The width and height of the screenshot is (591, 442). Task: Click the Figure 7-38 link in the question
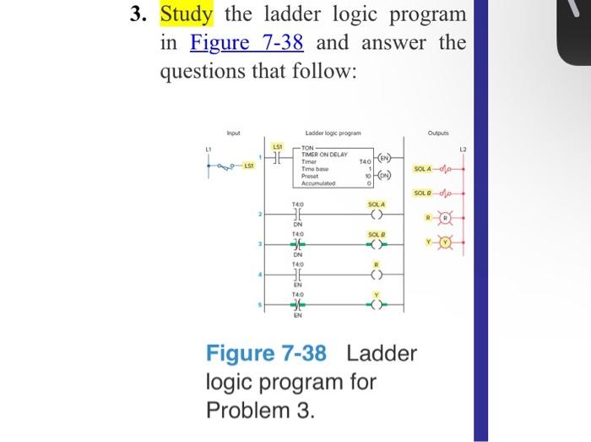click(247, 42)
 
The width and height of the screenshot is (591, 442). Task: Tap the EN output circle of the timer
click(384, 158)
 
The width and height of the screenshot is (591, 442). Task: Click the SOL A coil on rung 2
click(376, 214)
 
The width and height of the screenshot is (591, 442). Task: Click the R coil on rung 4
click(376, 274)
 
